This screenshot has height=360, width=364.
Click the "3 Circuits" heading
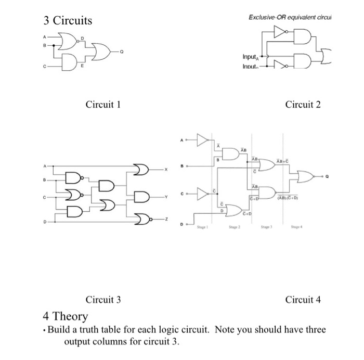pos(68,21)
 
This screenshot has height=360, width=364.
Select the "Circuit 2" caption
pos(303,105)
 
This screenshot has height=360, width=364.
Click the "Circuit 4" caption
pos(303,299)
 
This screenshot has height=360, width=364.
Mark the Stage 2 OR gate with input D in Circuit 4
pos(234,210)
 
